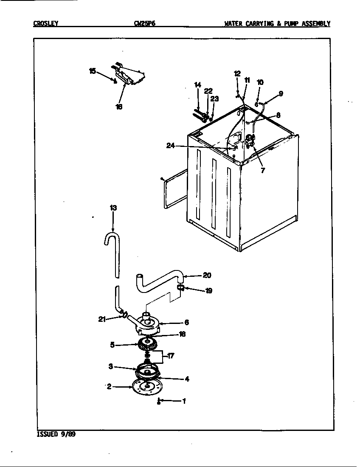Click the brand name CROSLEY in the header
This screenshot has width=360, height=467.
tap(45, 24)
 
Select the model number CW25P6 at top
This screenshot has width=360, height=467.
tap(144, 24)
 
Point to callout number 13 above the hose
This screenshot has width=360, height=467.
tap(113, 208)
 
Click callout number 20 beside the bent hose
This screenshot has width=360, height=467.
tap(207, 275)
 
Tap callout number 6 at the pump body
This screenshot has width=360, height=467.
tap(186, 323)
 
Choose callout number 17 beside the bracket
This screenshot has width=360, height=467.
tap(170, 356)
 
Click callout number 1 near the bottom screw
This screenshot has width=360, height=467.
tap(184, 400)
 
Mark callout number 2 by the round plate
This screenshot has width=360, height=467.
tap(109, 386)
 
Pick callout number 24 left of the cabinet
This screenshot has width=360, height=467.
tap(170, 146)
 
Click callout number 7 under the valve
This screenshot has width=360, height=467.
tap(263, 171)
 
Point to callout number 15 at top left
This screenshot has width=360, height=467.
tap(92, 71)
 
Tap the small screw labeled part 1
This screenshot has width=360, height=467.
tap(158, 401)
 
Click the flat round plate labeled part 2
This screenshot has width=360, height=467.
tap(146, 388)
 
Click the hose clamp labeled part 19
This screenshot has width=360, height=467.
tap(180, 288)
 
